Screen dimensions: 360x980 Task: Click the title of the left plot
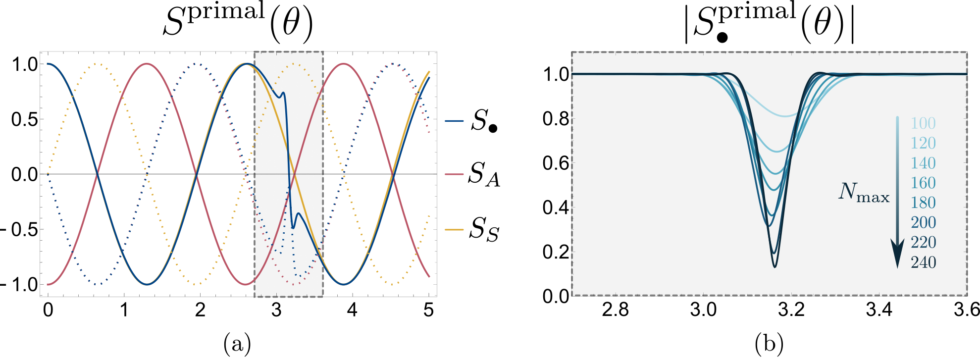coord(238,23)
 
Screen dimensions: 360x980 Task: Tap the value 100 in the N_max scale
coord(923,123)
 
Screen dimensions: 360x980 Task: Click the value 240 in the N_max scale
coord(923,262)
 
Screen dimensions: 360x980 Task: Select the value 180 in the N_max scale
coord(923,203)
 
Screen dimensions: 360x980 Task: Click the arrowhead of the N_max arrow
coord(897,255)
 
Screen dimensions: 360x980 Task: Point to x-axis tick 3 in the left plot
coord(276,310)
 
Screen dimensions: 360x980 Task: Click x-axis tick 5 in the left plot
coord(428,310)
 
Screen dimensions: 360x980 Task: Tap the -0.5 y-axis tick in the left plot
coord(20,230)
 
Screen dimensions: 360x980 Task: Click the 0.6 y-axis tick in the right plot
coord(556,163)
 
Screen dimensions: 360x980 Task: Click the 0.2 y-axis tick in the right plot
coord(556,252)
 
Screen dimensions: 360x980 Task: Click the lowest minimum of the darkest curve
coord(774,267)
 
